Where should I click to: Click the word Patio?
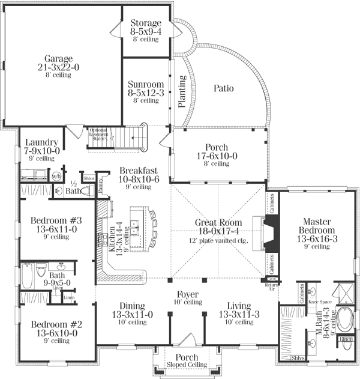[223, 88]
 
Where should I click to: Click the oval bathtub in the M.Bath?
[346, 320]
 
